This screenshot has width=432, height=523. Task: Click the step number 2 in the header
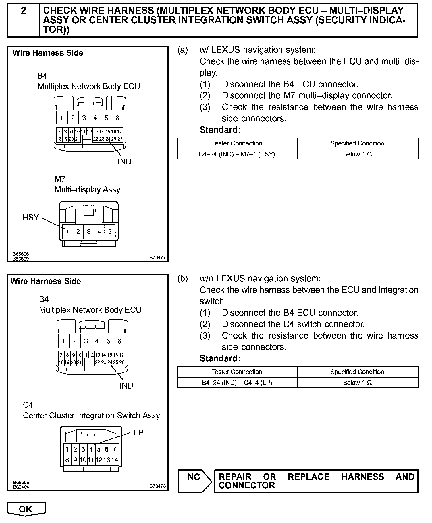click(24, 11)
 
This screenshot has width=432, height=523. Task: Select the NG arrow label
click(194, 477)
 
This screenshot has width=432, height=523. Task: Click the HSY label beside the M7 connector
click(30, 218)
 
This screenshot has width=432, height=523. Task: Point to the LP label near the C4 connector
click(139, 432)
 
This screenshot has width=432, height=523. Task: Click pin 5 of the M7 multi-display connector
click(110, 231)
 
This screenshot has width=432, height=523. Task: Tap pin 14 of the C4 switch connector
click(115, 460)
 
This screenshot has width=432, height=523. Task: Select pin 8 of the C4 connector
click(67, 460)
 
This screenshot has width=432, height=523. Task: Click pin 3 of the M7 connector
click(89, 231)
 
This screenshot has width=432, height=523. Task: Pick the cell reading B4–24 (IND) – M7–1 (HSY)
click(237, 154)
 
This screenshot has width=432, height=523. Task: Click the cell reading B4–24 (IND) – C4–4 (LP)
click(237, 383)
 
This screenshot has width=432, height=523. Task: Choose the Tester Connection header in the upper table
click(237, 143)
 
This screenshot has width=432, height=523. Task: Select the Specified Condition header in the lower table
click(357, 372)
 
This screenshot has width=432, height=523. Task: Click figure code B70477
click(157, 257)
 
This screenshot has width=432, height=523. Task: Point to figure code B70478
click(157, 486)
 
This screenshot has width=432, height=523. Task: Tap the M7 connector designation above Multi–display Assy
click(60, 179)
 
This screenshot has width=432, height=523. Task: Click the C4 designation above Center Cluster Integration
click(28, 405)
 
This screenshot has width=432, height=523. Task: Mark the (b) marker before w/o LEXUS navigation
click(183, 278)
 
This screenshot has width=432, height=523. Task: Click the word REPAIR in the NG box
click(235, 477)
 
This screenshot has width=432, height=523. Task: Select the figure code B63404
click(21, 487)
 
